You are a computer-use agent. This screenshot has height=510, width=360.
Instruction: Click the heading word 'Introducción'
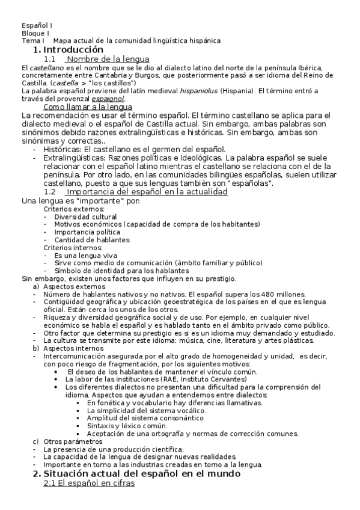(x=74, y=49)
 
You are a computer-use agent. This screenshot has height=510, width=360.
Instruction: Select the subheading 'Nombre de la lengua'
(x=99, y=60)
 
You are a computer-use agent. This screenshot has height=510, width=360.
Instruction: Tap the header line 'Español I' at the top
(x=37, y=25)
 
